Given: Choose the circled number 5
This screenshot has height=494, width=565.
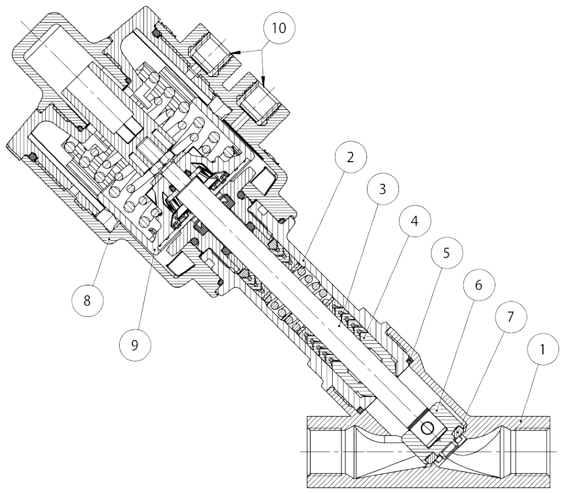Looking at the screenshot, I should click(446, 253).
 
